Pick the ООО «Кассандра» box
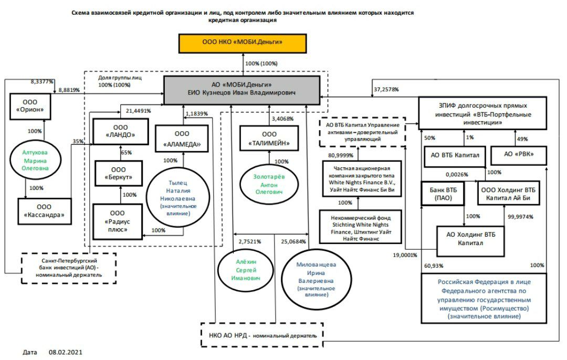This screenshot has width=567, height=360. [44, 210]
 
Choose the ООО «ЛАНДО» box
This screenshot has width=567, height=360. [120, 131]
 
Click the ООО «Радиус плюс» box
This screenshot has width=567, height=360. [117, 220]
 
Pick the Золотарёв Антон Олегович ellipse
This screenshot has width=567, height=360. [268, 185]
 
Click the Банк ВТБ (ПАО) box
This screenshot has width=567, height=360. [444, 193]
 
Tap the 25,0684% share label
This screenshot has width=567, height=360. [293, 241]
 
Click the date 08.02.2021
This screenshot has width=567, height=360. [66, 352]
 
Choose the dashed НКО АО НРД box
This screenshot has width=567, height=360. [262, 335]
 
